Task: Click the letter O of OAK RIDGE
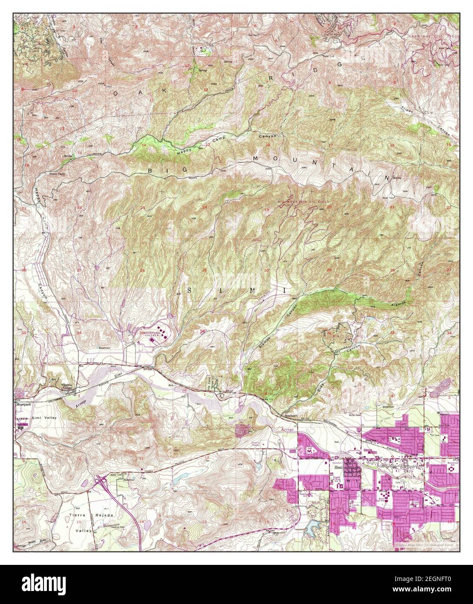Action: (x=116, y=93)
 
